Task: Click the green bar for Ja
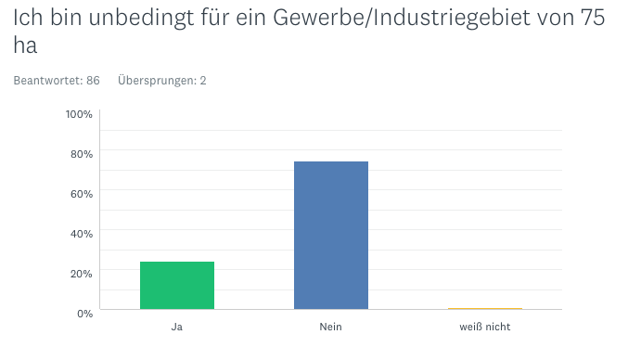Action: pos(177,285)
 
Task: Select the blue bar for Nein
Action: pos(331,235)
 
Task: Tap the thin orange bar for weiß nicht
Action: pos(485,309)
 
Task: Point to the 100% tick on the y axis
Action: pos(79,114)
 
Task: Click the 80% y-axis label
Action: pos(82,154)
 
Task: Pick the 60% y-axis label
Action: pos(82,194)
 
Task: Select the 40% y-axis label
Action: pos(82,234)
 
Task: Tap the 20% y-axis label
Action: pos(82,274)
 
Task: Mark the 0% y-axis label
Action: pos(84,314)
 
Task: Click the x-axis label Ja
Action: pos(176,327)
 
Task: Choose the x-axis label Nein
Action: pos(330,327)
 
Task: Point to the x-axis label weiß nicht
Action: pos(484,327)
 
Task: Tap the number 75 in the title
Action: pos(593,18)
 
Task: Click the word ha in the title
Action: pos(25,45)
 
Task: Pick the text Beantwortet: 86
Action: pos(57,81)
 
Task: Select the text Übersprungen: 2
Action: pos(161,81)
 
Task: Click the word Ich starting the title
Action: pos(28,18)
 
